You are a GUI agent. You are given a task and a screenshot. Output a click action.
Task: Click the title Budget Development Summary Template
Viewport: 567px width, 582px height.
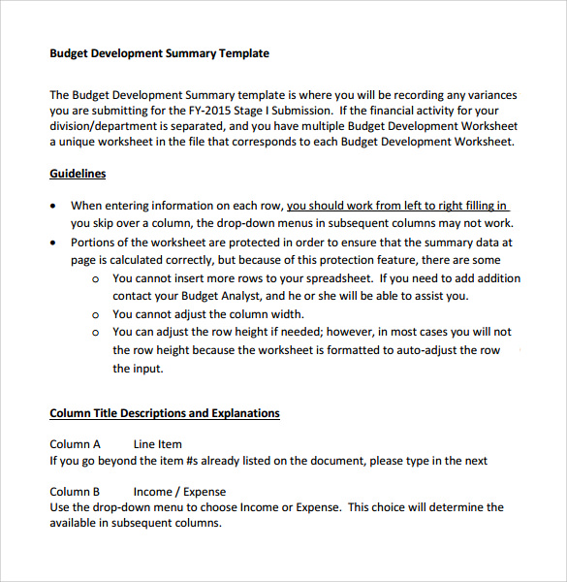click(x=159, y=53)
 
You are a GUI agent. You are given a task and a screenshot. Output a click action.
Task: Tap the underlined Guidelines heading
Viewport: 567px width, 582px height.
click(x=78, y=174)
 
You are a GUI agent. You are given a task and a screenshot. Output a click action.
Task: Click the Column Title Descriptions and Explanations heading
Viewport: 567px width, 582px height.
click(x=165, y=413)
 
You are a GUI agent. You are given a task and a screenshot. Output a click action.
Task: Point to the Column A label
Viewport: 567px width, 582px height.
click(x=75, y=444)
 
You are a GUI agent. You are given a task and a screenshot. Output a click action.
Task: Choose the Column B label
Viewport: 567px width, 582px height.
click(x=75, y=492)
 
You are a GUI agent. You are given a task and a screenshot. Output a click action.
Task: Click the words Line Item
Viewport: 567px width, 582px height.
click(x=158, y=444)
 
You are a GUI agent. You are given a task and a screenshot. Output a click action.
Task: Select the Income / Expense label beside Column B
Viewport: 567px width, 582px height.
click(x=179, y=492)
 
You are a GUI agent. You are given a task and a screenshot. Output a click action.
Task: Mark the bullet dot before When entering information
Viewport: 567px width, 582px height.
click(x=52, y=207)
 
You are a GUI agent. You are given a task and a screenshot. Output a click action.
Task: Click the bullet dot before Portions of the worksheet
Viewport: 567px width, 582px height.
click(x=52, y=242)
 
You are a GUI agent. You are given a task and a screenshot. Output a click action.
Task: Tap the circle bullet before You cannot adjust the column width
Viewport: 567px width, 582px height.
click(x=95, y=315)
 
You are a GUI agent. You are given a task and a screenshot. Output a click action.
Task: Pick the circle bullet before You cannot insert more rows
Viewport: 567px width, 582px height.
click(x=95, y=279)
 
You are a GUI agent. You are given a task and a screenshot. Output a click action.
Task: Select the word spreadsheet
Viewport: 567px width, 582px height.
click(x=331, y=278)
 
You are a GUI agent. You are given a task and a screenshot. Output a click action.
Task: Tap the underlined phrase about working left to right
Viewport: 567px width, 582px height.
click(x=397, y=206)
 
